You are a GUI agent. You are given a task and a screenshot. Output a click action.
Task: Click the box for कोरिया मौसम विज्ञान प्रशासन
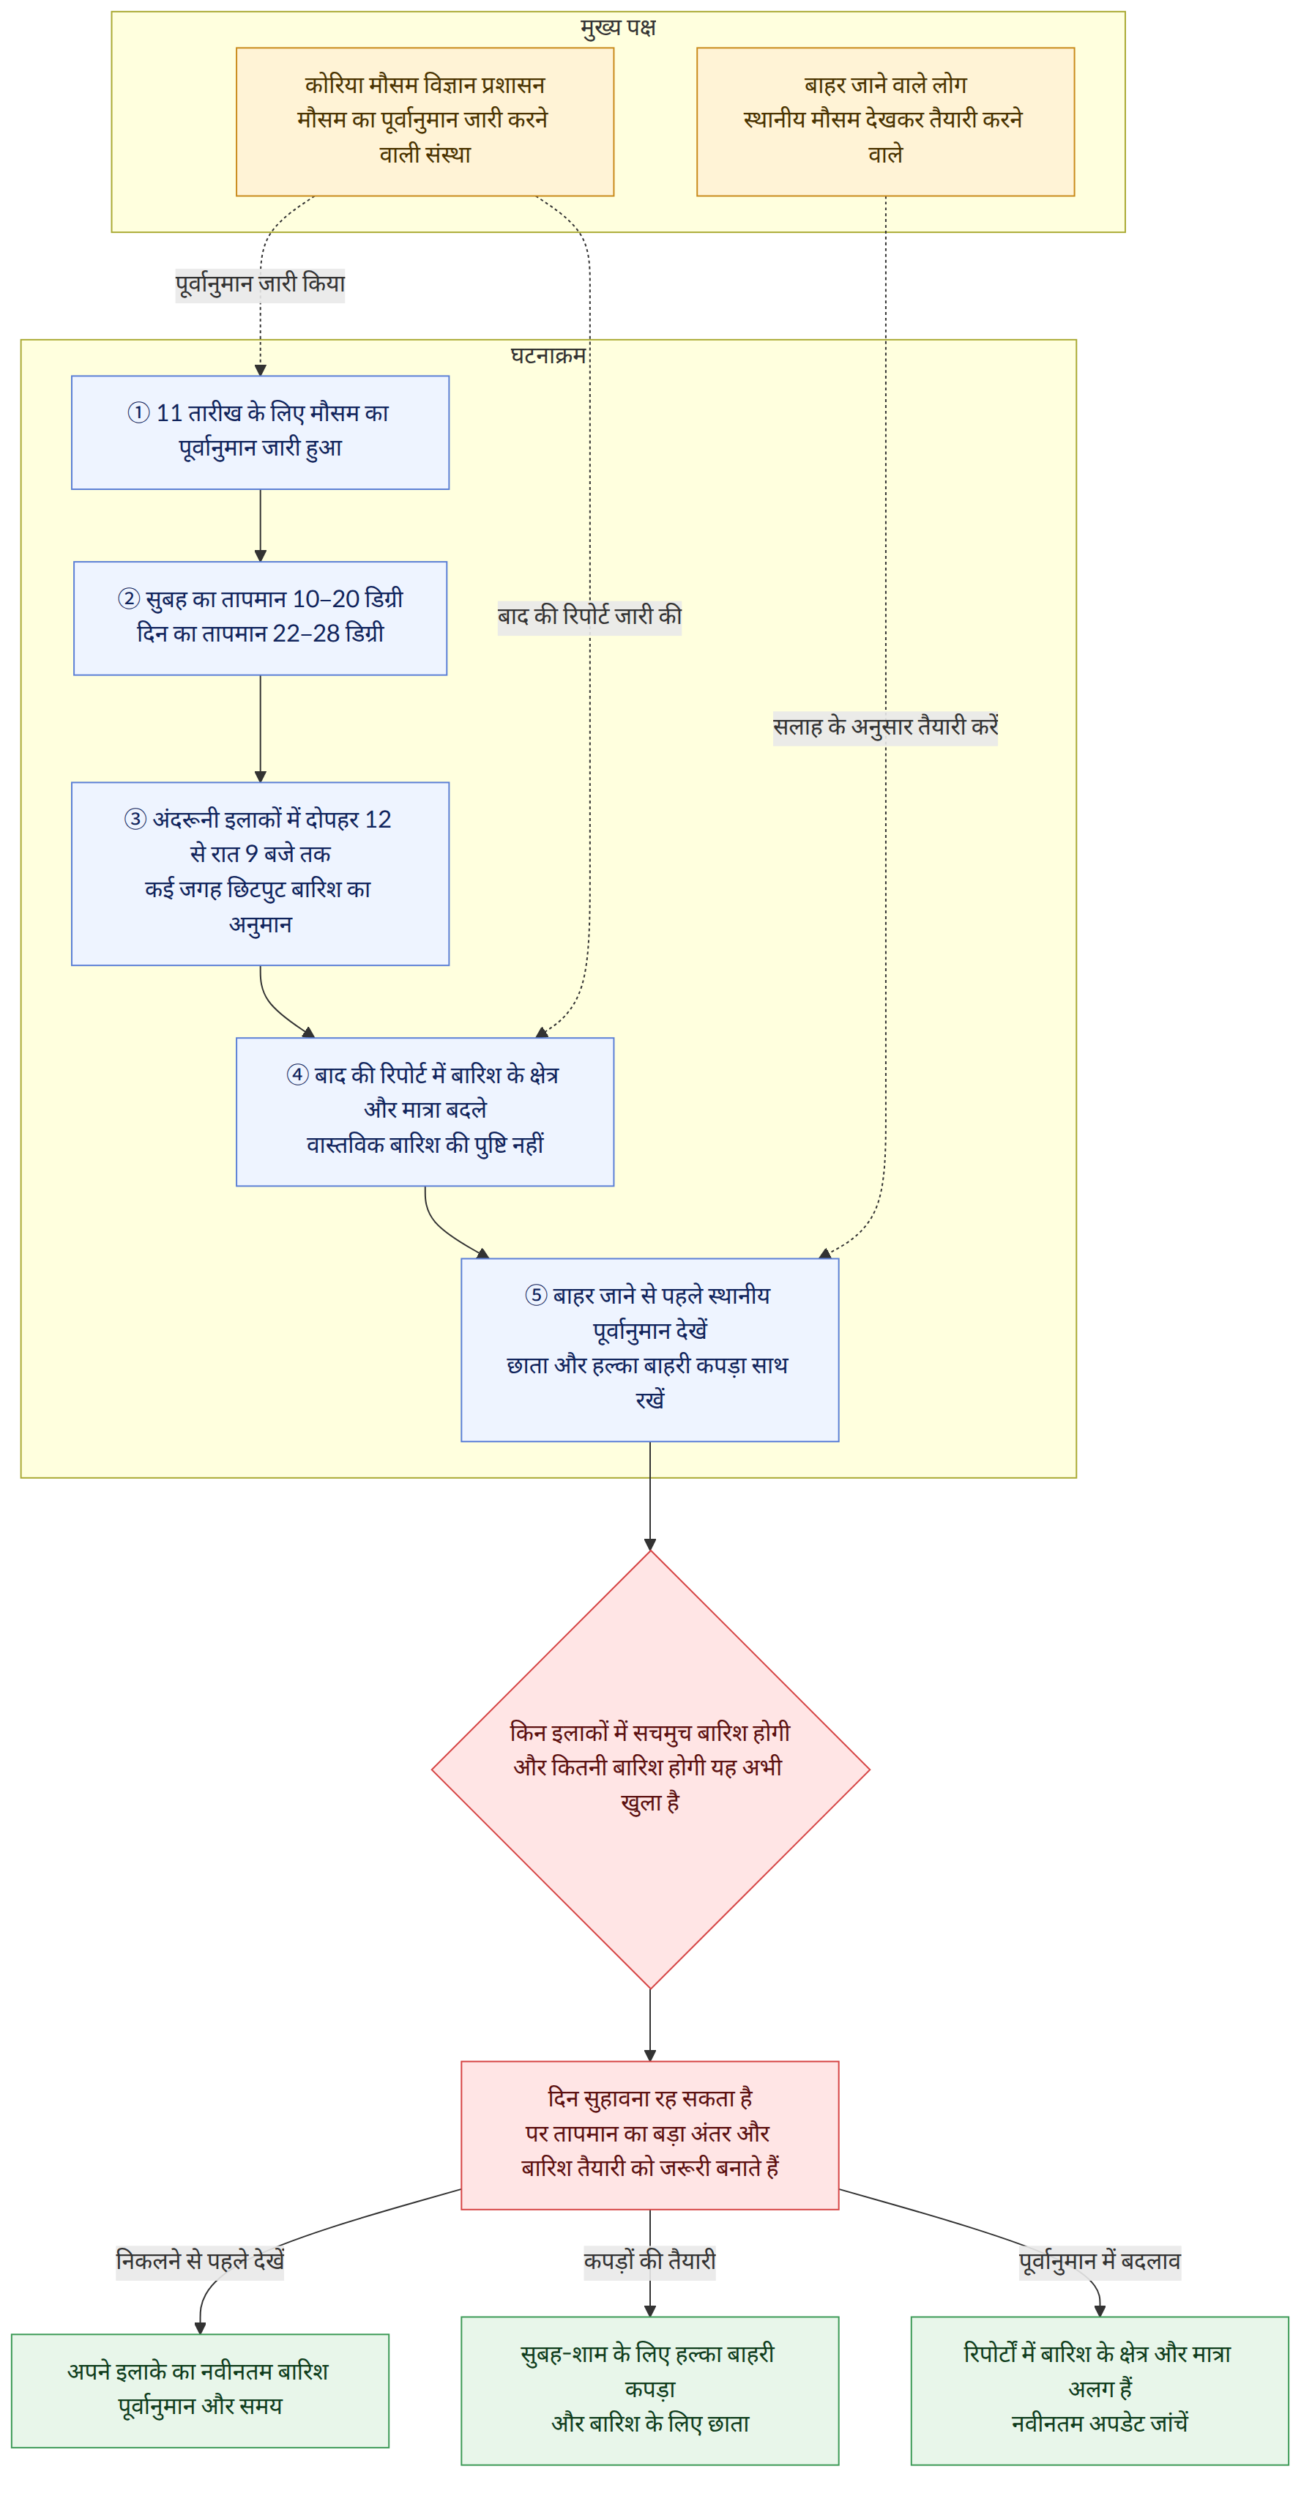(425, 122)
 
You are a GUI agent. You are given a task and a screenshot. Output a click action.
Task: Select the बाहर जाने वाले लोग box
(885, 122)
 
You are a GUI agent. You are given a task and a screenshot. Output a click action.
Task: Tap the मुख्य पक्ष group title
(619, 27)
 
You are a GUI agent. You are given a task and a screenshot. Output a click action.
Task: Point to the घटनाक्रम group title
(548, 355)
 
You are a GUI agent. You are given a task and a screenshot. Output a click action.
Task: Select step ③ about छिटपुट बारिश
(260, 873)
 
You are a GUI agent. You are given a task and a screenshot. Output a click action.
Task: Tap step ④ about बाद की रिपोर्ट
(425, 1112)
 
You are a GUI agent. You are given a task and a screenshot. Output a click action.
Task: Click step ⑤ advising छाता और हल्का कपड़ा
(649, 1349)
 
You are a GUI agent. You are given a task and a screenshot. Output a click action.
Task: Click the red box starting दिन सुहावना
(649, 2135)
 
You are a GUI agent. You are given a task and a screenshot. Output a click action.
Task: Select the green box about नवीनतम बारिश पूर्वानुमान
(200, 2391)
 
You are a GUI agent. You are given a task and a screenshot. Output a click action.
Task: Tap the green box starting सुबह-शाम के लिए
(649, 2391)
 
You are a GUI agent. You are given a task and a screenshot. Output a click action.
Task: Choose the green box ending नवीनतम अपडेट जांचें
(1100, 2391)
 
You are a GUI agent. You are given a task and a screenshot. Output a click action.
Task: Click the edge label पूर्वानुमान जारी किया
(260, 284)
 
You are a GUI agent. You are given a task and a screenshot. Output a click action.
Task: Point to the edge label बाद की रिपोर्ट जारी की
(589, 616)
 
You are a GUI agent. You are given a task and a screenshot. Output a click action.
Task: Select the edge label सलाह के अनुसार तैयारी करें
(885, 727)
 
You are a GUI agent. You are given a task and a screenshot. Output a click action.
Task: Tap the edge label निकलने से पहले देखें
(200, 2261)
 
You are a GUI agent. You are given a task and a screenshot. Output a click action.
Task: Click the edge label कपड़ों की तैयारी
(649, 2261)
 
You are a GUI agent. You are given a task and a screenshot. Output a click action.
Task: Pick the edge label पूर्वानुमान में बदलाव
(1100, 2261)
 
